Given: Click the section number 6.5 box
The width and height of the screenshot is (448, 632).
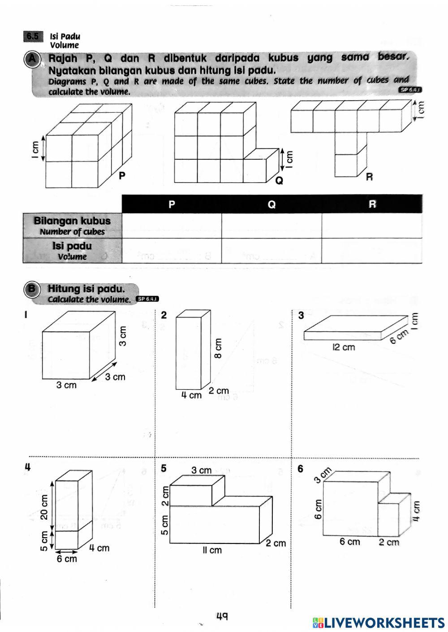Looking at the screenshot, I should [33, 37].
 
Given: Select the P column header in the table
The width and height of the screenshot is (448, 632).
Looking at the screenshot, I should [172, 204].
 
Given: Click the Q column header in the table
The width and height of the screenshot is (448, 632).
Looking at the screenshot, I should [271, 204].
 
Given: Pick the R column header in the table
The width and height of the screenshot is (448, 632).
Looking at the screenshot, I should [372, 204].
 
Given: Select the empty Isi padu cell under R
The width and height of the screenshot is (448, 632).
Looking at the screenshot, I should [372, 250].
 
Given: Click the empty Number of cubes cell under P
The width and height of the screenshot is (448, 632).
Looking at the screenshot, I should [172, 225].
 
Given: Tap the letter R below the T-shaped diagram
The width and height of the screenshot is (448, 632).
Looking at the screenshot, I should [369, 177].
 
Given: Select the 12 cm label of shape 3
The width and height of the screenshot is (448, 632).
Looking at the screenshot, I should [344, 347].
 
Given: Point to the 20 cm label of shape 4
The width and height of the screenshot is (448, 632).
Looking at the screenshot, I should [44, 507].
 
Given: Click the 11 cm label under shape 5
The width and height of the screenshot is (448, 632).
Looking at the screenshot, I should [212, 550].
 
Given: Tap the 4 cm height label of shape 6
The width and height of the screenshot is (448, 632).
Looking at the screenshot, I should [416, 510].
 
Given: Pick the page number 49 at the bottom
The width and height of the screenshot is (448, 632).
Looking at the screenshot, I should [222, 616].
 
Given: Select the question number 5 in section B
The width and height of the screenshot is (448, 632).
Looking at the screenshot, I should [164, 468].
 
